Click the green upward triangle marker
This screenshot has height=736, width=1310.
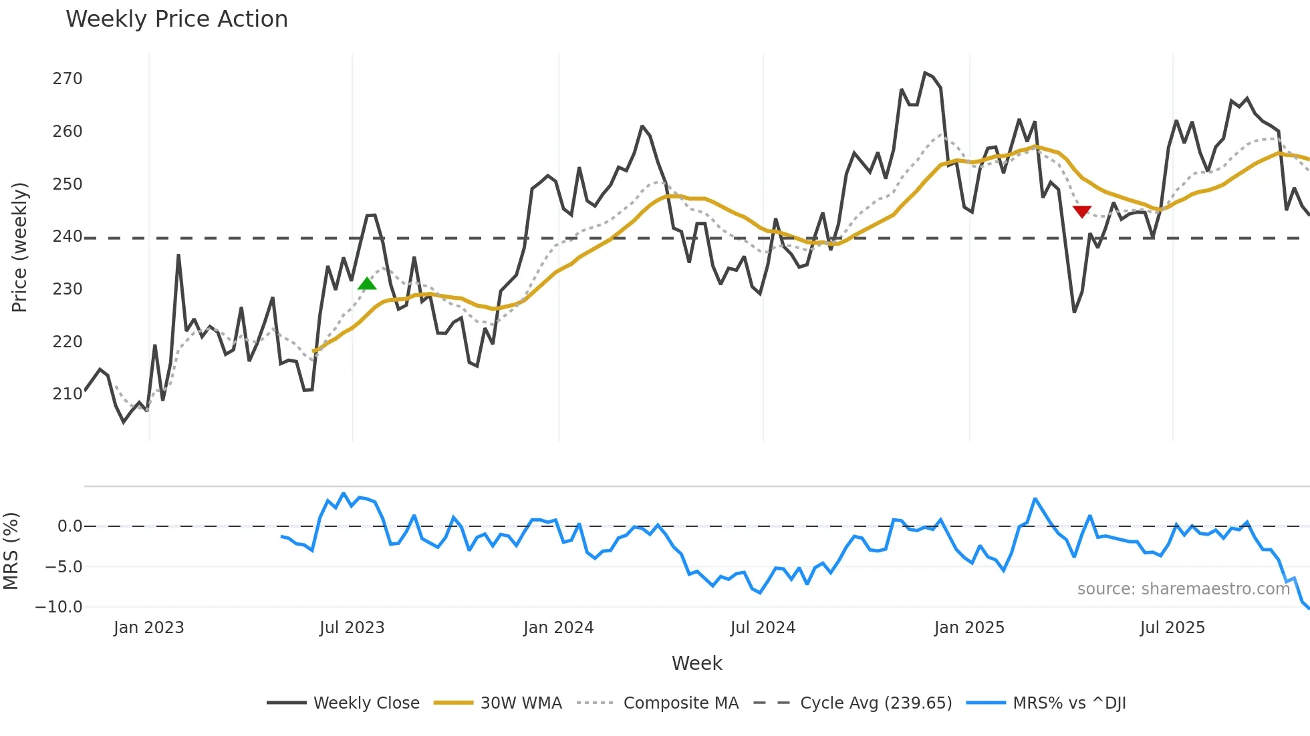(367, 284)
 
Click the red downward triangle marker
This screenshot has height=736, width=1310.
(1081, 212)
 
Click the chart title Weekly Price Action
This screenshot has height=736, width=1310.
(176, 19)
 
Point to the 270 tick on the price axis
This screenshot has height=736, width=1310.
(68, 79)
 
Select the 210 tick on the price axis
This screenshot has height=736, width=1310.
(68, 394)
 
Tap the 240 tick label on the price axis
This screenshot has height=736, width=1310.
(68, 236)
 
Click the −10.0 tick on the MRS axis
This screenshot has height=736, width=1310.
(59, 607)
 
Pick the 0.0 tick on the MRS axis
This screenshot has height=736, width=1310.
(70, 526)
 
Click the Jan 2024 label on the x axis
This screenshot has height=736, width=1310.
(558, 628)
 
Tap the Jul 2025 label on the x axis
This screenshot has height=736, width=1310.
(1172, 628)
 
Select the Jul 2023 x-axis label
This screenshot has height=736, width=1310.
(352, 628)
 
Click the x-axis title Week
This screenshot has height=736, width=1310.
(696, 663)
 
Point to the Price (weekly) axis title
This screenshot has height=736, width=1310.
(20, 247)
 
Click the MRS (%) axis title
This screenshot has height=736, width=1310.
(11, 551)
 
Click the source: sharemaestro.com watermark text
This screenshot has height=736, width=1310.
(1183, 589)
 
